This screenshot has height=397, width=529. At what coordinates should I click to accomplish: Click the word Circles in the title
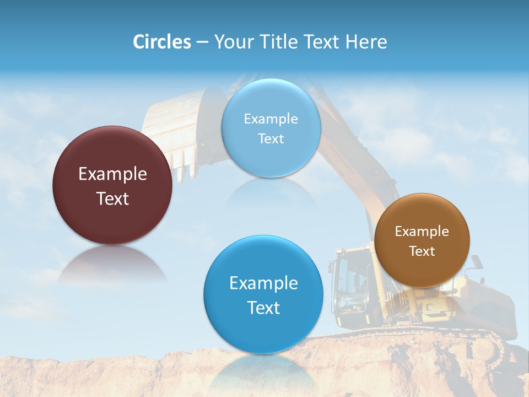pos(161,42)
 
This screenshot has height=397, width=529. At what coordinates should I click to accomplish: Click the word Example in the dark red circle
pos(112,174)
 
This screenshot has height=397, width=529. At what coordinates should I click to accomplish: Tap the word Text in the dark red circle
pos(112,198)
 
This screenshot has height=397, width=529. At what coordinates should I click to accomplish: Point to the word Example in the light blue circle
pos(271,119)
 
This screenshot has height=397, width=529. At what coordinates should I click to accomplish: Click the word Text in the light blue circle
pos(271,138)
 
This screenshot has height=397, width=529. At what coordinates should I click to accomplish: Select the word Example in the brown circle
pos(422,232)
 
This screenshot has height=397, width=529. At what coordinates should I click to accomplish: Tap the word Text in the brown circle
pos(422,251)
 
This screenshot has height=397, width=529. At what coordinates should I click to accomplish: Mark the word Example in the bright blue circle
pos(263,283)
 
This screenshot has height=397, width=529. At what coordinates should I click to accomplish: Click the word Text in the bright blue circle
pos(263,308)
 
